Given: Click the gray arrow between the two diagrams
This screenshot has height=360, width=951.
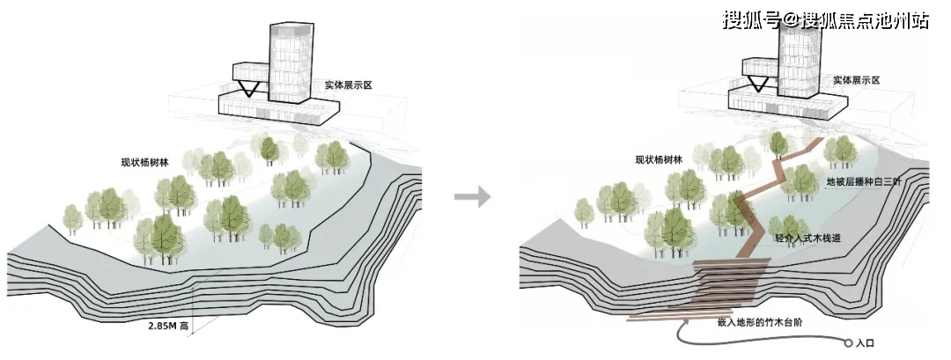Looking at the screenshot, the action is pos(473,197).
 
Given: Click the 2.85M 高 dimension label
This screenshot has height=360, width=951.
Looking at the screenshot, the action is pos(168,326).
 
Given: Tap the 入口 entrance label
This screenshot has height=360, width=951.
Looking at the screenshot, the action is pos(865,343).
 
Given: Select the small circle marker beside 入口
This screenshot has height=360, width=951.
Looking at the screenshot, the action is pos(848,343).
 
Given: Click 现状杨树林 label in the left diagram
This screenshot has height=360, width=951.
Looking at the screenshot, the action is pos(144,163).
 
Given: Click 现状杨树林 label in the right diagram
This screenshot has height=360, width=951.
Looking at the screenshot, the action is pos(659,160).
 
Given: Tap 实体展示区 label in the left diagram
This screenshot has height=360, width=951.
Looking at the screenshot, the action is pos(348,85).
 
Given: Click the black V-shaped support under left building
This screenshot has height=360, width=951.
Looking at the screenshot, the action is pos(248,89).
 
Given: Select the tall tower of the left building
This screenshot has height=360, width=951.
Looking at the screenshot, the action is pos(291,62).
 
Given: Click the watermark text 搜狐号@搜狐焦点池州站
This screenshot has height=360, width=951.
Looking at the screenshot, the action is pos(825,20).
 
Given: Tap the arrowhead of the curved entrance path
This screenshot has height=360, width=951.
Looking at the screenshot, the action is pos(685,326).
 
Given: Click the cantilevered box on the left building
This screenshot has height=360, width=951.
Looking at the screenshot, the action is pos(250,72).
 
